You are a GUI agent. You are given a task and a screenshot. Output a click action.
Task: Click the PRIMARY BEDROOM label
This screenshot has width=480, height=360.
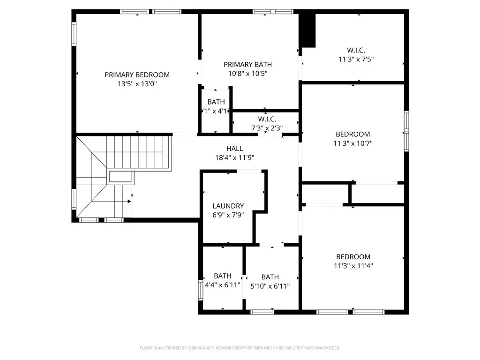click(137, 75)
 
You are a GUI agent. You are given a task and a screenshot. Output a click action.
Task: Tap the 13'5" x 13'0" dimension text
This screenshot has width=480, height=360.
click(137, 84)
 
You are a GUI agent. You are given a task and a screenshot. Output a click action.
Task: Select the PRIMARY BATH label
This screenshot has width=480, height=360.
click(247, 64)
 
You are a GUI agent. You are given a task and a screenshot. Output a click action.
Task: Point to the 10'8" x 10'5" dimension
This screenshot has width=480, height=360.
click(247, 73)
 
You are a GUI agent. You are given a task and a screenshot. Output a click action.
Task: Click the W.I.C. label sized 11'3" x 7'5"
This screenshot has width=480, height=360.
click(356, 50)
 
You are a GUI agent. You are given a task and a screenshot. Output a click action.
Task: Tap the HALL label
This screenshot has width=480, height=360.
click(234, 149)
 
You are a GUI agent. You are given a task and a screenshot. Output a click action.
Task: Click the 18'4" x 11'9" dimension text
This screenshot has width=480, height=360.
click(234, 157)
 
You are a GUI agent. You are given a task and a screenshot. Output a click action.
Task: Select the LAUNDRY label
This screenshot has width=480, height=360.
click(228, 206)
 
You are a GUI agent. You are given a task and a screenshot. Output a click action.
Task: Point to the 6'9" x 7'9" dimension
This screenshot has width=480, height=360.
click(228, 215)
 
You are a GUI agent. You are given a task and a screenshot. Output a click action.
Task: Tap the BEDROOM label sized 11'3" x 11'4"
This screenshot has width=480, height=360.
click(353, 257)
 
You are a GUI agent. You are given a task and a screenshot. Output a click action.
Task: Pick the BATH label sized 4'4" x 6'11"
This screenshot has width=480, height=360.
click(222, 276)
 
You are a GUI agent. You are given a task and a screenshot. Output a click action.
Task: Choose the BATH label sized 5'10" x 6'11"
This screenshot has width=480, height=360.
click(270, 277)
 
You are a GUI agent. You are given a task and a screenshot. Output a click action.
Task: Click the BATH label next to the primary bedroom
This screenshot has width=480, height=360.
click(216, 102)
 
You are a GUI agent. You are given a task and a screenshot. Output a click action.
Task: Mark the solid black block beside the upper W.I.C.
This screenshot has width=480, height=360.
click(307, 30)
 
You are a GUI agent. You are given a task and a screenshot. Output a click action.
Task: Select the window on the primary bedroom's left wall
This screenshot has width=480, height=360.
click(74, 34)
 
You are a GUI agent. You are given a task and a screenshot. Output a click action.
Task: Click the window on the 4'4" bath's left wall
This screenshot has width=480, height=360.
click(201, 291)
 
